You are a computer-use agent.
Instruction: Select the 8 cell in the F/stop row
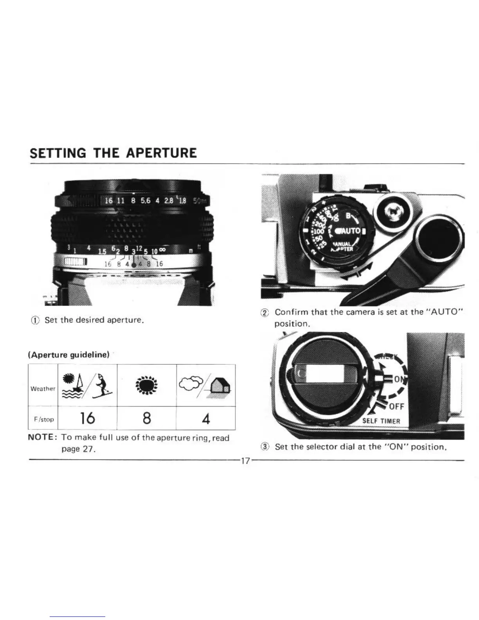147,418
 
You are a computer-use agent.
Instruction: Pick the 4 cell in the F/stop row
206,419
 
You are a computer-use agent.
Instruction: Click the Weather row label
43,389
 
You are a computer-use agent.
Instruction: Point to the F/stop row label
43,419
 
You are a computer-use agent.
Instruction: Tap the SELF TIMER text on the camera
381,421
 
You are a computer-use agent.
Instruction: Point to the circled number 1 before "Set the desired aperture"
38,320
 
